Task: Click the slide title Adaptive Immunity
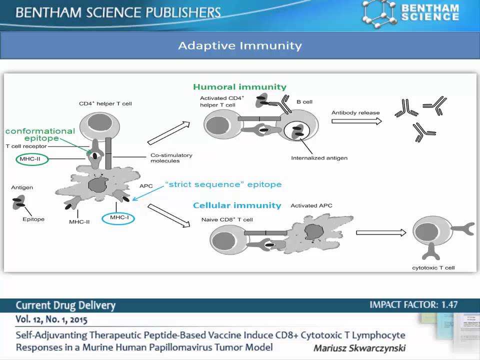tap(240, 46)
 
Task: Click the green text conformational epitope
tap(40, 134)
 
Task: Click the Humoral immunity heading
tap(239, 87)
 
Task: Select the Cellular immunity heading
tap(237, 205)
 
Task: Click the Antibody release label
tap(355, 112)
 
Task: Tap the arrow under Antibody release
tap(356, 121)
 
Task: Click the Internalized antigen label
tap(319, 158)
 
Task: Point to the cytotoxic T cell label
tap(433, 267)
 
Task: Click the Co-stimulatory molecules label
tap(171, 158)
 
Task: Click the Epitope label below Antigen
tap(33, 219)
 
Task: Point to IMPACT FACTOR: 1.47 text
tap(413, 304)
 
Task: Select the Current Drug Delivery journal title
tap(65, 305)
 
